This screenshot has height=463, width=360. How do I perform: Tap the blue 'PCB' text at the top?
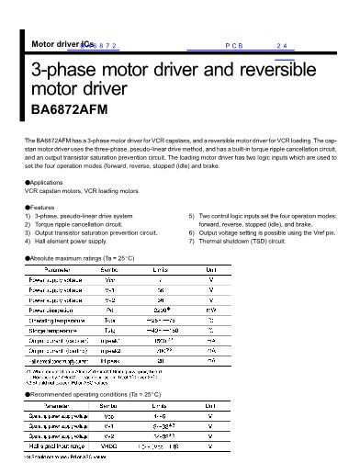coord(232,45)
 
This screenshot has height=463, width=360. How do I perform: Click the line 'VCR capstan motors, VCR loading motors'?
coord(83,191)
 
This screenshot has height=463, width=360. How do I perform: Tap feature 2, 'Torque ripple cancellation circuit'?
coord(77,225)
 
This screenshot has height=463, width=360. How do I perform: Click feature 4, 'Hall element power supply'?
coord(70,242)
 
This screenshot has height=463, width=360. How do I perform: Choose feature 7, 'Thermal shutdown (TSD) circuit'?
coord(245,242)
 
